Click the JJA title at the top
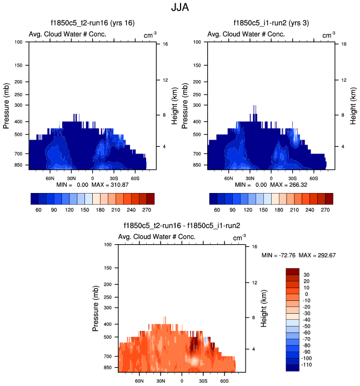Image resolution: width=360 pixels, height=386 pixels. tap(180, 8)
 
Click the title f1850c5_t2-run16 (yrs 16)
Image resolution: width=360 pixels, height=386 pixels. tap(92, 23)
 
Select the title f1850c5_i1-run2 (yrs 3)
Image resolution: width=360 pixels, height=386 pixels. tap(271, 23)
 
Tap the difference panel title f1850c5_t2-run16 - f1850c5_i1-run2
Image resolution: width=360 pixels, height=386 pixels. tap(181, 226)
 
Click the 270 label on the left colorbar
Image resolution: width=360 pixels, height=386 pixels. tap(146, 211)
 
